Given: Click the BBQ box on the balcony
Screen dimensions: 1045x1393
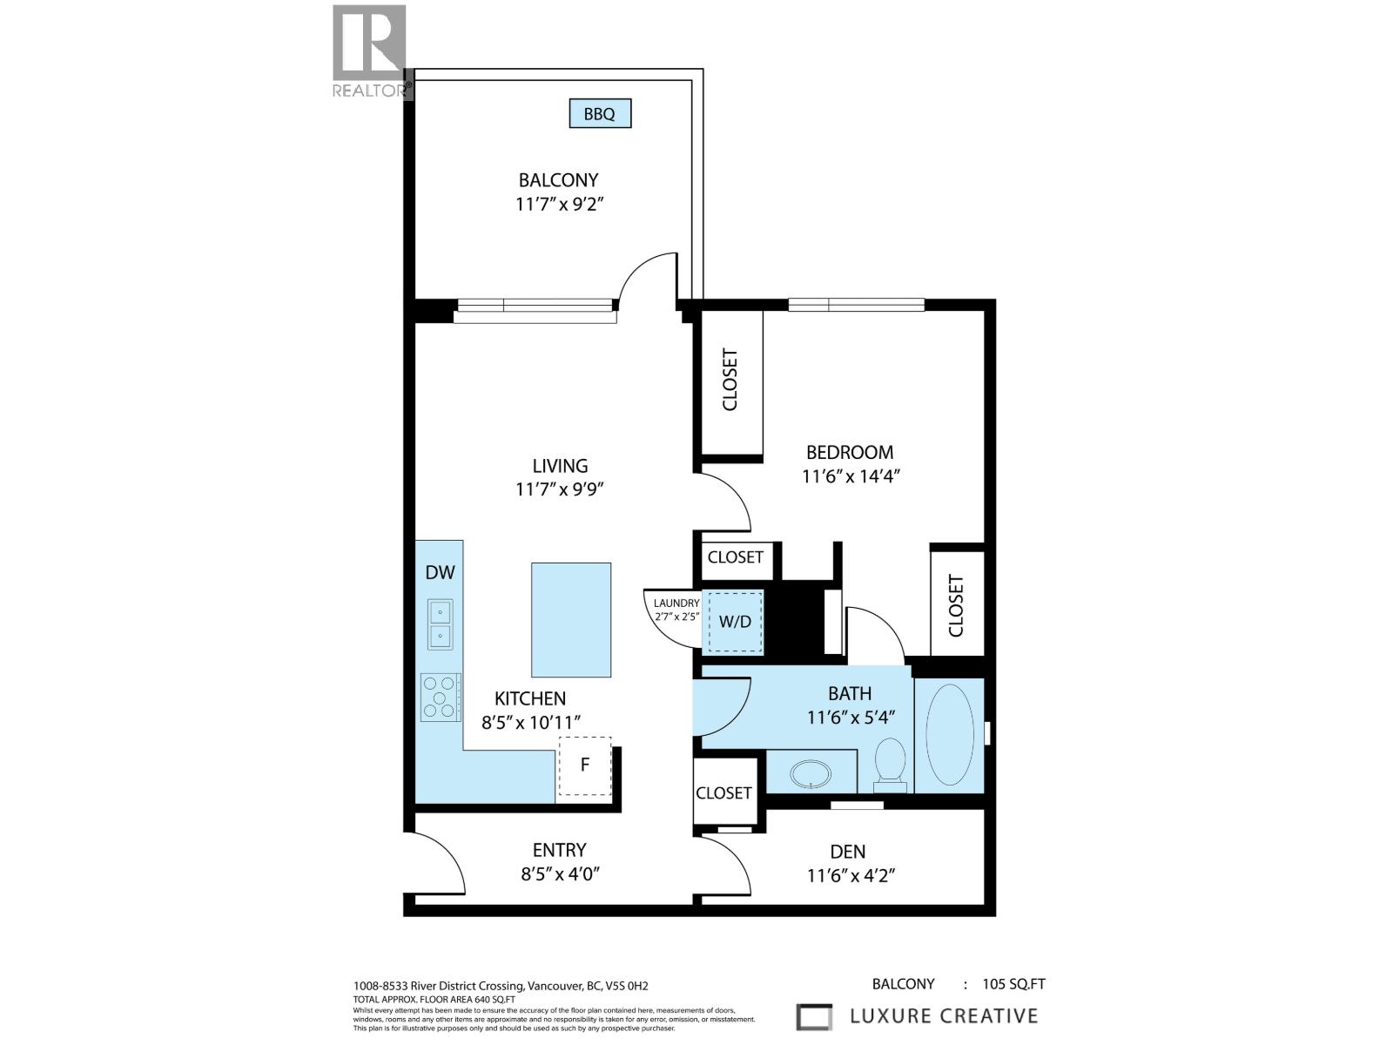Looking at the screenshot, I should click(x=600, y=114).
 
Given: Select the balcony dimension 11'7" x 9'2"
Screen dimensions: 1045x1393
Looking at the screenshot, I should click(x=559, y=205).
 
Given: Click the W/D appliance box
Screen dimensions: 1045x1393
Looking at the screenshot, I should click(x=735, y=622).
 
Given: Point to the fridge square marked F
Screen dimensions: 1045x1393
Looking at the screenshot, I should click(x=585, y=765).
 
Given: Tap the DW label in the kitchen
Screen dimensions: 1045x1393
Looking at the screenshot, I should click(x=440, y=572).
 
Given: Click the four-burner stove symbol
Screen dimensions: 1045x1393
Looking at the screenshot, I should click(x=441, y=698).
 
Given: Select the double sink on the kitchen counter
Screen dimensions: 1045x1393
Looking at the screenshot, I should click(x=440, y=624).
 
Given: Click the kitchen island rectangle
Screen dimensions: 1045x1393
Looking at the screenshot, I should click(x=571, y=619).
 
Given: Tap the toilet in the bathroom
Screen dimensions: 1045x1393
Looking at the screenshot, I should click(x=890, y=765).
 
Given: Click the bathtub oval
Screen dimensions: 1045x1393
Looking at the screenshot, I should click(x=949, y=735).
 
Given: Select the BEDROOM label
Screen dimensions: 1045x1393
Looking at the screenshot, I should click(x=849, y=452).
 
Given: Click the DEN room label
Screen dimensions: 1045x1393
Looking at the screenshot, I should click(x=847, y=852).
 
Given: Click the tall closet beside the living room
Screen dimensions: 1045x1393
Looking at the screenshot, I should click(x=730, y=381).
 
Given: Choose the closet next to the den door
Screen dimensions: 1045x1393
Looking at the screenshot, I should click(x=723, y=792).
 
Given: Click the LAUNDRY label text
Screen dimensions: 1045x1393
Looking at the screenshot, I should click(x=676, y=603).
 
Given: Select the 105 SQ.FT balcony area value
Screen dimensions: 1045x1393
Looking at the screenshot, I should click(x=1013, y=985).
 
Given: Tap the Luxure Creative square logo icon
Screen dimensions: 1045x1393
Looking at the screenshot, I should click(x=815, y=1016).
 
